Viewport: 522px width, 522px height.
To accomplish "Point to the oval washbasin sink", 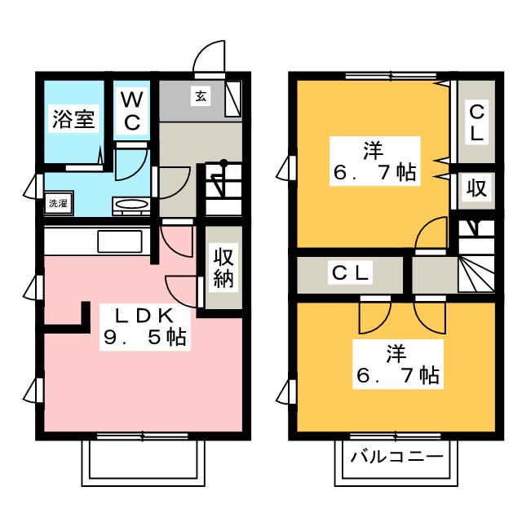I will pos(130,204).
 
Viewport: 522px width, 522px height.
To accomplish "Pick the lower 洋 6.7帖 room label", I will pos(397,365).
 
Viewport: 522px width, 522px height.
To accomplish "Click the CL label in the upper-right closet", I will pos(477,122).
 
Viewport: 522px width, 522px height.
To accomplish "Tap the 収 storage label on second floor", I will pos(477,189).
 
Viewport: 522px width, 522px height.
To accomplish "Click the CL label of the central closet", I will pos(350,274).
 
